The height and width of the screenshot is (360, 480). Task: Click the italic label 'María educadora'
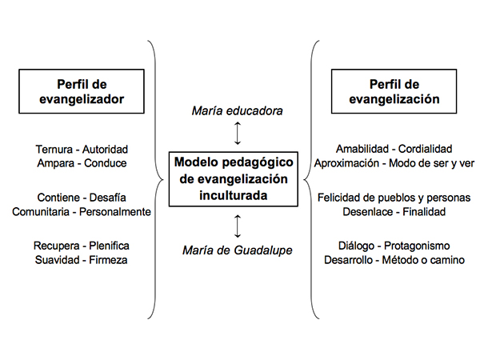238,111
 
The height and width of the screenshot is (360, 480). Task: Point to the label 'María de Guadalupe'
238,250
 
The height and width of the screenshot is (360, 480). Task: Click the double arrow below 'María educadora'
238,133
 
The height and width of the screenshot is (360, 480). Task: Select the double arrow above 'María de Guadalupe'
238,226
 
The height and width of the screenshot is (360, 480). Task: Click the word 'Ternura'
54,150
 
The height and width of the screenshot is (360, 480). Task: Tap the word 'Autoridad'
105,150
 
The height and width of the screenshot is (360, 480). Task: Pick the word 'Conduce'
106,163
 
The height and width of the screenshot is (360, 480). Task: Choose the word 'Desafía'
108,198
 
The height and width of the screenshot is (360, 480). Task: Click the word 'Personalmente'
115,212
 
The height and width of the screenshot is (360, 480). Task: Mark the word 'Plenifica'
109,246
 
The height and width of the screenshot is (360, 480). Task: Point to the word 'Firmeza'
108,260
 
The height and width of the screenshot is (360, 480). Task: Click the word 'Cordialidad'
426,149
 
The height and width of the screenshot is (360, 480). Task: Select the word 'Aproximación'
346,163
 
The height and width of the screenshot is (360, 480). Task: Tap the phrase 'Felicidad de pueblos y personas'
394,198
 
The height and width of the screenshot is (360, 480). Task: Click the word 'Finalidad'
424,212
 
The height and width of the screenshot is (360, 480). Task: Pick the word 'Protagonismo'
417,246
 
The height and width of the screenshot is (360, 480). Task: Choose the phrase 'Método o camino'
423,260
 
